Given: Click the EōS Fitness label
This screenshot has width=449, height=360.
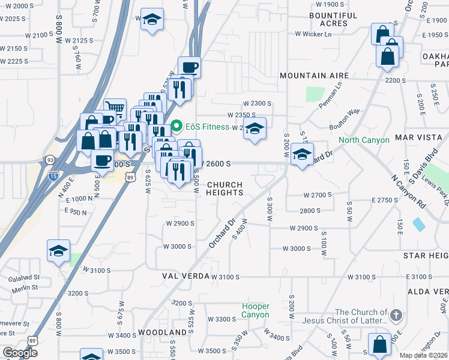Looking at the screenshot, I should click(x=206, y=127).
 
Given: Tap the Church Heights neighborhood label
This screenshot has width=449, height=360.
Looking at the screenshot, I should click(x=224, y=188).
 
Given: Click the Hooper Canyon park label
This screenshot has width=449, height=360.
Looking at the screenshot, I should click(x=255, y=310).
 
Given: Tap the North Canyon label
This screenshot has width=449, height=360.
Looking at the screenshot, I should click(x=364, y=140).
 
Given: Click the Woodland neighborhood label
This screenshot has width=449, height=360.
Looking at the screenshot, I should click(x=162, y=332).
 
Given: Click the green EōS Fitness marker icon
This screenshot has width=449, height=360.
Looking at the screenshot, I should click(x=176, y=126).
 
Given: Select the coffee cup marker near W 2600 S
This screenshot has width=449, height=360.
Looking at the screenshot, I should click(x=101, y=160).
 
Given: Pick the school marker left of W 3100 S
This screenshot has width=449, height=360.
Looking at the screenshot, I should click(x=58, y=251).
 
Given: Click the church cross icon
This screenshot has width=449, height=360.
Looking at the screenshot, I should click(x=395, y=315).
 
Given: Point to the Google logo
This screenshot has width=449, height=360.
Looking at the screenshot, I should click(x=20, y=353).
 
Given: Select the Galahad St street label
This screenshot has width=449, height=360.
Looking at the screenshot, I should click(x=24, y=278).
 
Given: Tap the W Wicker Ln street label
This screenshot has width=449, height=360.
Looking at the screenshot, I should click(x=313, y=34).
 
